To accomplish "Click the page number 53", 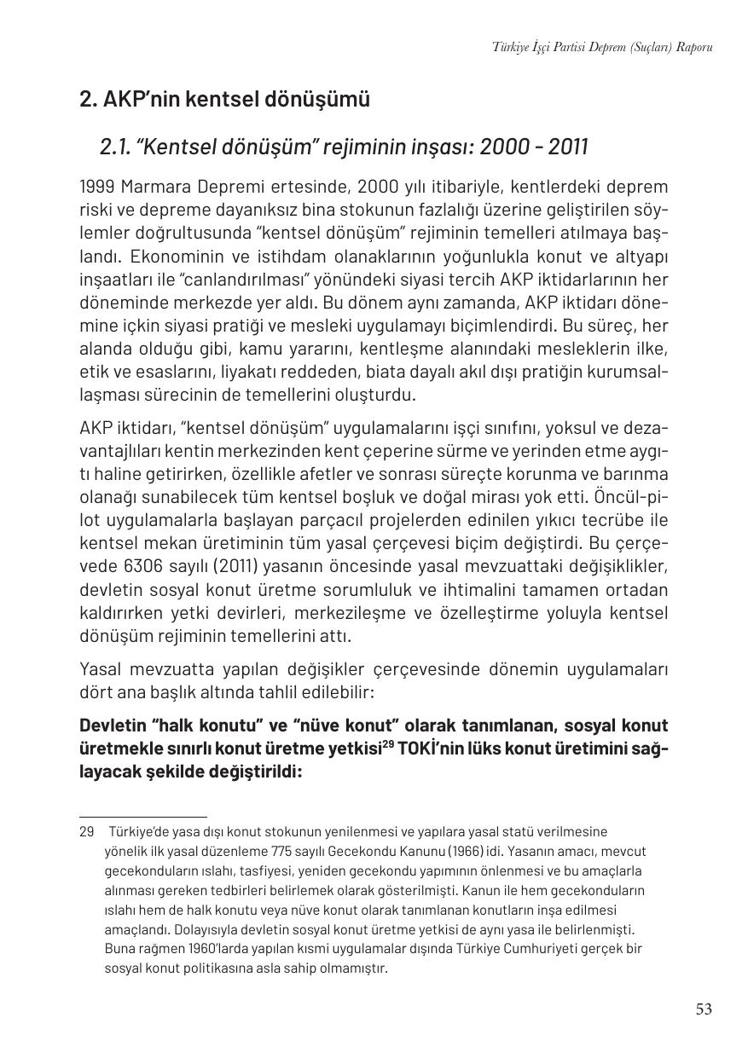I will (704, 1009).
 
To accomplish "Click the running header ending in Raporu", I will (601, 47).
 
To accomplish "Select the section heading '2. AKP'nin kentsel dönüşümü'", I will (224, 100).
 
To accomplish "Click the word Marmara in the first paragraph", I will (158, 187).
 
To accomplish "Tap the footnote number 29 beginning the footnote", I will (86, 831).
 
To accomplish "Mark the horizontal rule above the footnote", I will (142, 817).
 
